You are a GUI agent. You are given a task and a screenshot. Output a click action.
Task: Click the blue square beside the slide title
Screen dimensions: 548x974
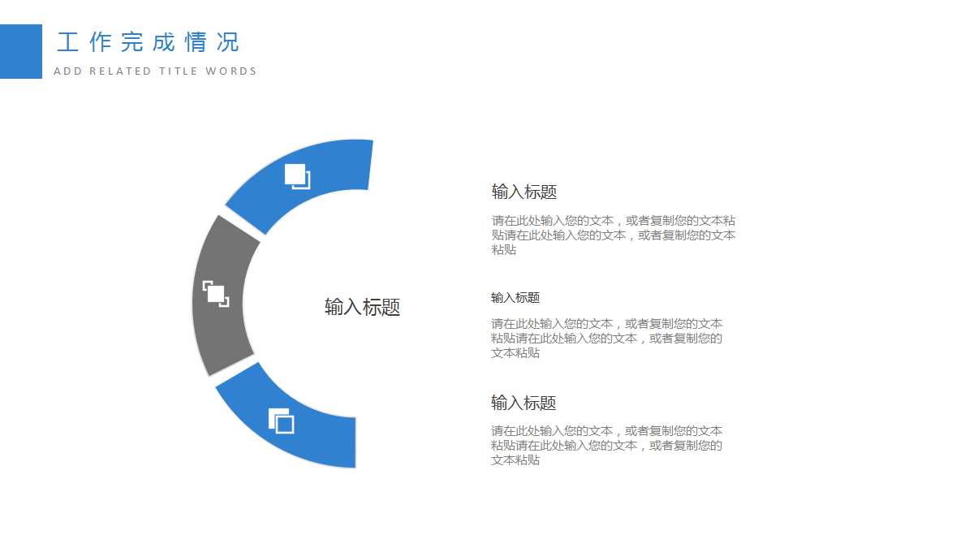pos(20,51)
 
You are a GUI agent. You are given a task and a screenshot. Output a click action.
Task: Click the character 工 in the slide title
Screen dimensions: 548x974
pos(67,42)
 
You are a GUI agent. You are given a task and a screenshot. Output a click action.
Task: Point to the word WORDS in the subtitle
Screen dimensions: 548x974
pos(231,71)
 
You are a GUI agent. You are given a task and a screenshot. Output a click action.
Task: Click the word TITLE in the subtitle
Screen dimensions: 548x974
pos(179,71)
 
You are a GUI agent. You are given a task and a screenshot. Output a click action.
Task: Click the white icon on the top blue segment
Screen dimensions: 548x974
pos(297,176)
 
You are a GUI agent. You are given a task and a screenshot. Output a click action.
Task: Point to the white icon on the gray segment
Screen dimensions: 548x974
pos(216,294)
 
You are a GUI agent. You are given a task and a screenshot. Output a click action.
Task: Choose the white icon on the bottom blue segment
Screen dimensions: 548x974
pos(281,421)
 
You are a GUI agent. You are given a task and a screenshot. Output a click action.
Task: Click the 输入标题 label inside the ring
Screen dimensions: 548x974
pos(362,307)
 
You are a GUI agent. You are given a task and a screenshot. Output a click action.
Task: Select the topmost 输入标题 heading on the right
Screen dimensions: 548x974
pos(524,192)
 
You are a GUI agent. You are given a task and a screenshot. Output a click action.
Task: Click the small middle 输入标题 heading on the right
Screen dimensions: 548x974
pos(515,298)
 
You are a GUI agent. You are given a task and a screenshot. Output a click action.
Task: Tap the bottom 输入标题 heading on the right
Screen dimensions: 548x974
pos(524,403)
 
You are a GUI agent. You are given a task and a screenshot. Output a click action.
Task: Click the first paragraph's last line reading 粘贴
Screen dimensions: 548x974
pos(504,250)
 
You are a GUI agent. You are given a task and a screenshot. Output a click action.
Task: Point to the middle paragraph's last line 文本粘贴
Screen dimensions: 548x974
pos(515,353)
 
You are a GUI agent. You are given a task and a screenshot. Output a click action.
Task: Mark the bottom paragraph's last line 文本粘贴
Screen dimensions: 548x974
pos(515,460)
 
